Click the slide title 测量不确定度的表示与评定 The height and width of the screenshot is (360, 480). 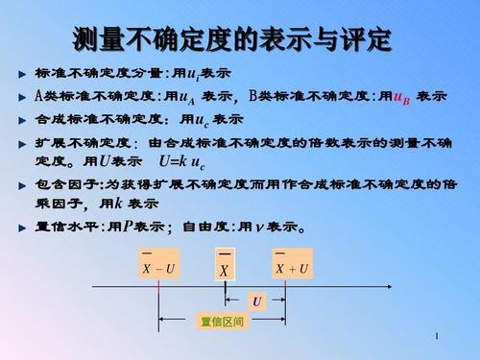coord(232,39)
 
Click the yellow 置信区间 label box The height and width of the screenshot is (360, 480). coord(222,321)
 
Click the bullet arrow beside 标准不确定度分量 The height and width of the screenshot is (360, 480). coord(22,73)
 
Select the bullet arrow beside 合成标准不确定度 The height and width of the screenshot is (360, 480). coord(22,120)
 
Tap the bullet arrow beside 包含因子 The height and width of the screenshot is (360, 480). coord(22,183)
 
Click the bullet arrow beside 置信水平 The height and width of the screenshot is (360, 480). coord(22,228)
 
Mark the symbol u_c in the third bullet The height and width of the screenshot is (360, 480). coord(198,120)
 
